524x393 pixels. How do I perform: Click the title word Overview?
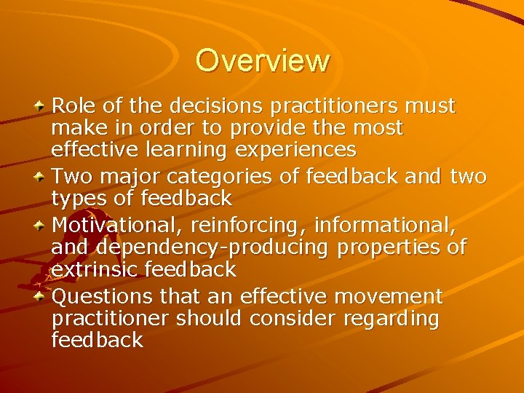[x=262, y=60]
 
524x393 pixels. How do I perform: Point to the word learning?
[x=191, y=151]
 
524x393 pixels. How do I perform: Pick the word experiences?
[x=299, y=151]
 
